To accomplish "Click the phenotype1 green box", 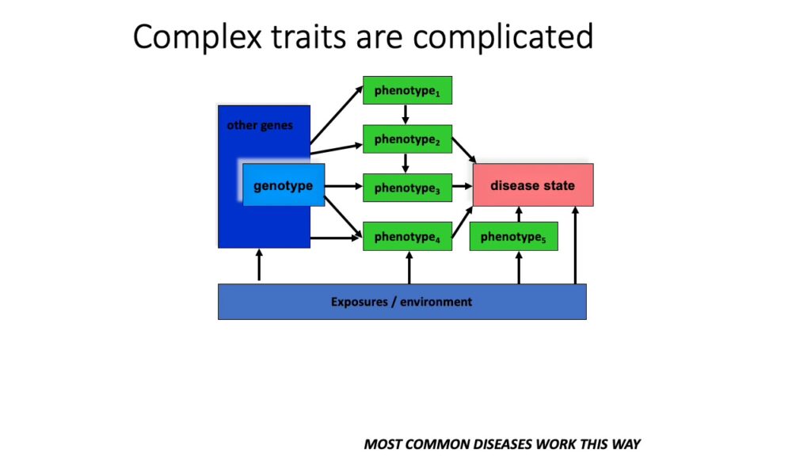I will coord(407,90).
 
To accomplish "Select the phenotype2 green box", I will coord(407,139).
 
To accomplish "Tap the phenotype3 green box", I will coord(407,188).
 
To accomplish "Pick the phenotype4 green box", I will coord(407,237).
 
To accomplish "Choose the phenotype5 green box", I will coord(513,237).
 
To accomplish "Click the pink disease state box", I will coord(532,185).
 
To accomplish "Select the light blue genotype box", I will coord(283,186).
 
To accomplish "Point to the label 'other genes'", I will coord(260,125).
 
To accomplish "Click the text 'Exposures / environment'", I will coord(402,302).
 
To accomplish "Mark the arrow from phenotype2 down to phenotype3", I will coord(405,163).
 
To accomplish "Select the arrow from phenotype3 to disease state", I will coord(463,188).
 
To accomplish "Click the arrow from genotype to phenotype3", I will coord(343,188).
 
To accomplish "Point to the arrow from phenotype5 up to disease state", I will coord(519,214).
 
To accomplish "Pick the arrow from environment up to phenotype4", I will coord(409,268).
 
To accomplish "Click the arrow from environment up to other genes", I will coord(259,265).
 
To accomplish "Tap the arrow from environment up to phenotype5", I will coord(519,268).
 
